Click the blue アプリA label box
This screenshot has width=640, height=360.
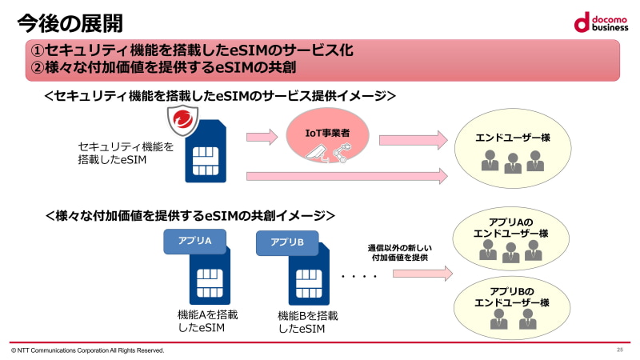coord(194,242)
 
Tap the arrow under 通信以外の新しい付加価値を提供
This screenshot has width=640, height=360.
coord(422,273)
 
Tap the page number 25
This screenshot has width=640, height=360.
coord(619,350)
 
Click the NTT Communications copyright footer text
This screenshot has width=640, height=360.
coord(88,350)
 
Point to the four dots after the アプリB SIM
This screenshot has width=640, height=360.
coord(358,277)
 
